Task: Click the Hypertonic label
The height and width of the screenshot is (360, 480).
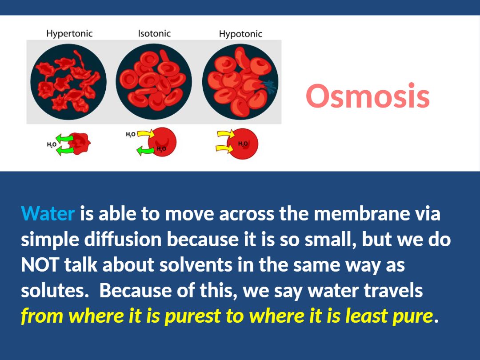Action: (69, 34)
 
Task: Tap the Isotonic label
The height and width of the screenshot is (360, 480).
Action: (154, 33)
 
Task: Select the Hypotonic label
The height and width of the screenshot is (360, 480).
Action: (240, 34)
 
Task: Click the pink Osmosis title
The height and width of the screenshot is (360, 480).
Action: (368, 96)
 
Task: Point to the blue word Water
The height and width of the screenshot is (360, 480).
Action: (48, 213)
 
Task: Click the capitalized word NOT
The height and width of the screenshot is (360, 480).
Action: (40, 264)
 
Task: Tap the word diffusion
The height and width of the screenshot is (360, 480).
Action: (123, 239)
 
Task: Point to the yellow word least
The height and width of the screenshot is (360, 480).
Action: (365, 316)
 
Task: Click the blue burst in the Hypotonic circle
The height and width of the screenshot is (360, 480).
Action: (268, 87)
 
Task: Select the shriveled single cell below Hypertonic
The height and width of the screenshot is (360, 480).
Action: (79, 143)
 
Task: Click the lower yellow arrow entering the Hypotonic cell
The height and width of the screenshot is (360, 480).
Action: (225, 148)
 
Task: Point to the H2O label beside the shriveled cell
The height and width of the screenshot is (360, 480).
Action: (52, 144)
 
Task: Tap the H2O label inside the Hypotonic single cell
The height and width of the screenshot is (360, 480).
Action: (243, 144)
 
